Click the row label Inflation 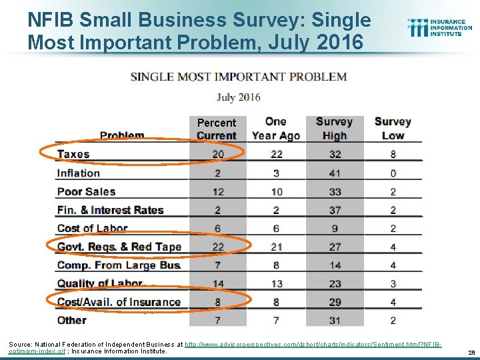point(78,173)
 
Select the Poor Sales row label point(86,192)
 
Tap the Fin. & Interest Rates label point(110,210)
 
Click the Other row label point(71,321)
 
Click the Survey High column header point(334,129)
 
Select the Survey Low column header point(393,129)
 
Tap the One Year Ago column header point(276,129)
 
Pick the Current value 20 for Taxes point(218,155)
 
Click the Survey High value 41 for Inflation point(335,173)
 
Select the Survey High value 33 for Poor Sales point(335,192)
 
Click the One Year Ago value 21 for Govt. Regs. point(276,247)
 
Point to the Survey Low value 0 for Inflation point(393,173)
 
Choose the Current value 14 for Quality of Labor point(218,284)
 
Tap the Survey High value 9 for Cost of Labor point(335,229)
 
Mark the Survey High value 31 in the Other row point(335,321)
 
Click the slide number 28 point(471,351)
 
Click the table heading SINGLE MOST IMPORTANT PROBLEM point(239,77)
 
